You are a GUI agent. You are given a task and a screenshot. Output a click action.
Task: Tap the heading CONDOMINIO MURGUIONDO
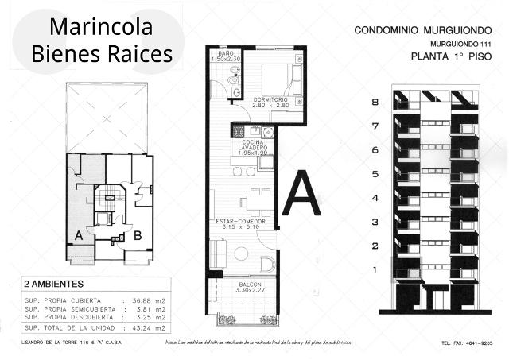tap(419, 30)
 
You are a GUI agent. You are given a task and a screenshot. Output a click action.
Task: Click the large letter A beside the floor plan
tap(302, 193)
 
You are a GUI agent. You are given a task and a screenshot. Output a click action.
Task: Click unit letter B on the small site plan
tap(137, 235)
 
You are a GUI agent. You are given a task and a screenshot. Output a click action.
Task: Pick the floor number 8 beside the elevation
tap(374, 103)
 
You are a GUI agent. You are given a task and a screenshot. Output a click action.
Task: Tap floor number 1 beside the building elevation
tap(374, 271)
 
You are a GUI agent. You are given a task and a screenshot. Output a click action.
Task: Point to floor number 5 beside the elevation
tap(374, 174)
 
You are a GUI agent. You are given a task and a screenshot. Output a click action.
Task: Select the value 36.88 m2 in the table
tap(149, 299)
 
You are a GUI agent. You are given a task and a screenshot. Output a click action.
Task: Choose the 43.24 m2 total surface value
tap(149, 327)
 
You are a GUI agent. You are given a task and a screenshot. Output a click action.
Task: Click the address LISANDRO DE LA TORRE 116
tap(65, 343)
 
